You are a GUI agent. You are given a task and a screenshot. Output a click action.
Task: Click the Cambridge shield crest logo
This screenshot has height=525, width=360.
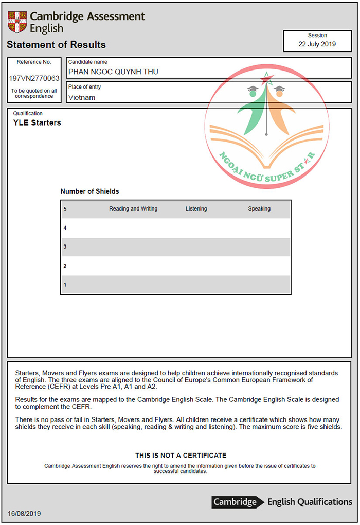(x=17, y=22)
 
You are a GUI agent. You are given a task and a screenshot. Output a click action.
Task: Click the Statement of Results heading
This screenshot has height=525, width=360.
(x=56, y=45)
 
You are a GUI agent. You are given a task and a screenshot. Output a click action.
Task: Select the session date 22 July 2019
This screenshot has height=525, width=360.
(x=317, y=44)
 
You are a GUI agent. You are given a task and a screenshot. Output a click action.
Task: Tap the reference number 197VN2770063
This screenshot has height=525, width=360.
(x=34, y=79)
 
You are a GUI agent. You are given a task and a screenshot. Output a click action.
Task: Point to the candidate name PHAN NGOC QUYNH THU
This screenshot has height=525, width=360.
(x=113, y=72)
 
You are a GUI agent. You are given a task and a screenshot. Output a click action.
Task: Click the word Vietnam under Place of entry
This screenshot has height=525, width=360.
(x=82, y=97)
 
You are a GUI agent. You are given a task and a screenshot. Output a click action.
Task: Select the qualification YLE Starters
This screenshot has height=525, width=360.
(x=37, y=122)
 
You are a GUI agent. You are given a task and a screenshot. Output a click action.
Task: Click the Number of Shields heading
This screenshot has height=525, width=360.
(x=89, y=191)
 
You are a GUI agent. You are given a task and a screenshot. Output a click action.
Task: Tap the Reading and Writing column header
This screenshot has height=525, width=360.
(x=133, y=209)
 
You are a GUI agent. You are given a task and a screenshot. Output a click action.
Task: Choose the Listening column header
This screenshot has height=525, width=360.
(x=196, y=209)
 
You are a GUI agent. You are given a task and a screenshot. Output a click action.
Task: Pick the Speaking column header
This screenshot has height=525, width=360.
(x=259, y=209)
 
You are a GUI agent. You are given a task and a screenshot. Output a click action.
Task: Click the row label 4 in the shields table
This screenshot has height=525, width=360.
(x=65, y=228)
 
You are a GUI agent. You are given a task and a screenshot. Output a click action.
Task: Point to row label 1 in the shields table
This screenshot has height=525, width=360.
(x=65, y=285)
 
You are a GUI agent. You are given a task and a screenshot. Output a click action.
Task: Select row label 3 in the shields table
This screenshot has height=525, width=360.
(x=65, y=247)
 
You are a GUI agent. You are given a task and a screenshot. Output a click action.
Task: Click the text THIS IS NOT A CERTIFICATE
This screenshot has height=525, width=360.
(x=181, y=456)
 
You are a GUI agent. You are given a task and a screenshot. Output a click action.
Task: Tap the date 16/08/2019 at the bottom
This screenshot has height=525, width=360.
(x=24, y=514)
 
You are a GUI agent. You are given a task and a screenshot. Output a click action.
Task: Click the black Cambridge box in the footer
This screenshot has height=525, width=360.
(x=235, y=502)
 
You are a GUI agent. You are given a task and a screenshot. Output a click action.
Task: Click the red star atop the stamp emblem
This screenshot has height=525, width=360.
(x=266, y=79)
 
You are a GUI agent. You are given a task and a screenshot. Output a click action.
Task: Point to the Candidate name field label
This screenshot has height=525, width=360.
(x=88, y=62)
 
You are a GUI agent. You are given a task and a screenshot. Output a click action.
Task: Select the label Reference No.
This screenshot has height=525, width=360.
(x=34, y=62)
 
